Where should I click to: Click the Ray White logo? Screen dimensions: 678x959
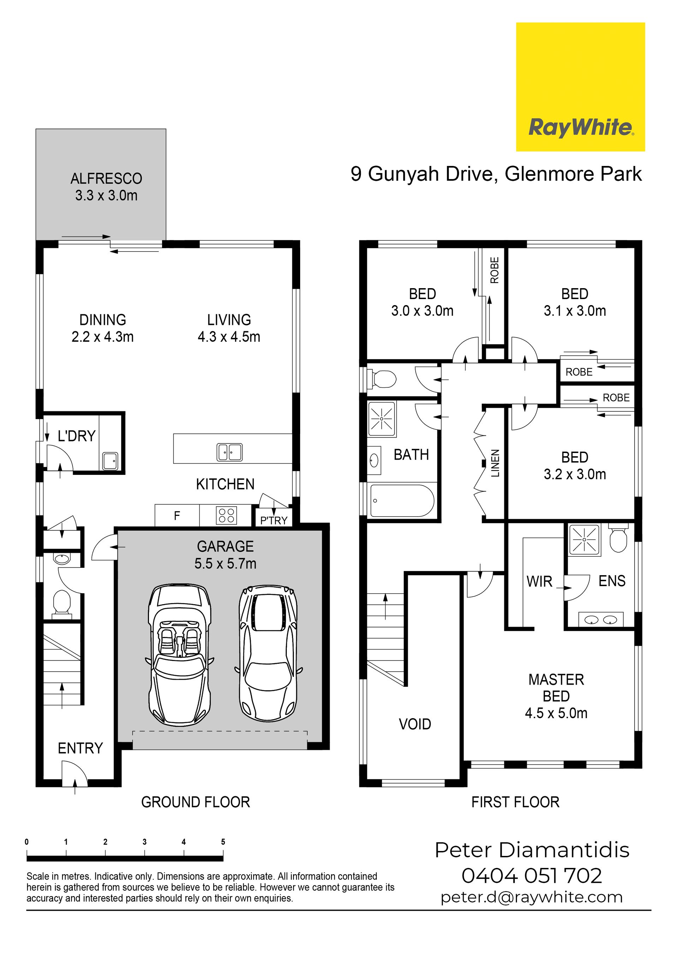[x=580, y=87]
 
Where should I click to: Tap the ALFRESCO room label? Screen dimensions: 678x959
[x=106, y=179]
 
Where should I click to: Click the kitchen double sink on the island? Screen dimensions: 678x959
[x=229, y=452]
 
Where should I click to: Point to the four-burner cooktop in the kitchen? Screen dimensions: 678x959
[x=226, y=516]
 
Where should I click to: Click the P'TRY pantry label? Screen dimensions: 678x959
[x=274, y=520]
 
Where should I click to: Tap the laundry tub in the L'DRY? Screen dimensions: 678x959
[x=110, y=461]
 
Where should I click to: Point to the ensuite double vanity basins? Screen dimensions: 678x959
[x=601, y=620]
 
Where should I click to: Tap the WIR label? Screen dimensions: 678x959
[x=539, y=582]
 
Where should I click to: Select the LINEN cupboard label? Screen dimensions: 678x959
[x=495, y=463]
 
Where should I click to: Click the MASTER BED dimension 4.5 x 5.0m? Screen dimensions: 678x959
[x=556, y=713]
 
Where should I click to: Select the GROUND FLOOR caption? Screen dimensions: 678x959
[x=196, y=802]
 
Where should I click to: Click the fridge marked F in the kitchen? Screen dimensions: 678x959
[x=177, y=516]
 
